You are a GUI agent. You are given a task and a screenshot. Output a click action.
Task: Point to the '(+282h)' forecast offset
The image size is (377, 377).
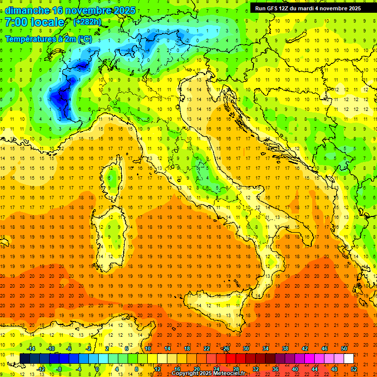tap(88, 22)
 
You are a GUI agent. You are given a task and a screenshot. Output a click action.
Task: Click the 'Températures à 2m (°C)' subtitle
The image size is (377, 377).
tap(48, 39)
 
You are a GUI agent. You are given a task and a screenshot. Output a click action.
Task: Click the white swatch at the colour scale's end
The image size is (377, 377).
tap(349, 358)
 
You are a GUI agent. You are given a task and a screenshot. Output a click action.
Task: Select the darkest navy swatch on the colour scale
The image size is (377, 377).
tap(25, 358)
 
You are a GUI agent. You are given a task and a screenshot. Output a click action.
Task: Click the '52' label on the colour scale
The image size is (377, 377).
tap(354, 369)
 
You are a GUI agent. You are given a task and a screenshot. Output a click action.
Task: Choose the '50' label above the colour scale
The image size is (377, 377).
tap(344, 349)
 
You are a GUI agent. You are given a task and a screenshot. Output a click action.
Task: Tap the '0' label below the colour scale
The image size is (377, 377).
tap(97, 369)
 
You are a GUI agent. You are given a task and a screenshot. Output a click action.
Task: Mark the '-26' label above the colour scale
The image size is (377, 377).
tap(225, 349)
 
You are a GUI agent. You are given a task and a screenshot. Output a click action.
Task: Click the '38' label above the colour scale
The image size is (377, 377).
tap(285, 349)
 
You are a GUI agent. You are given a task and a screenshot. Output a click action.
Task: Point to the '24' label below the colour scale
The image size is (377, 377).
tap(216, 369)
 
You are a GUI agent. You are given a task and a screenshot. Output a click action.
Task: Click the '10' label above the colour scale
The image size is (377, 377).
tap(147, 349)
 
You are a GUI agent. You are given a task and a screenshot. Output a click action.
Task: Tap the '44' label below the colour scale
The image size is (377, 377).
tap(315, 369)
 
